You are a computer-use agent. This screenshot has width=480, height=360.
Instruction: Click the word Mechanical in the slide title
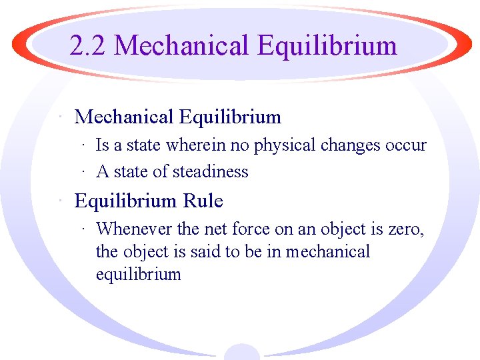(181, 46)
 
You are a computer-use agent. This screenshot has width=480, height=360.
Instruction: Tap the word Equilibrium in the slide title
(327, 46)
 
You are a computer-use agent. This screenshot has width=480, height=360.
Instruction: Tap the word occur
(406, 146)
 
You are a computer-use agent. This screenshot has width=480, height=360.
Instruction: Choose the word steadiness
(210, 172)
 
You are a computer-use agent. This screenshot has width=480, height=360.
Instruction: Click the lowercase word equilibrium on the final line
(139, 275)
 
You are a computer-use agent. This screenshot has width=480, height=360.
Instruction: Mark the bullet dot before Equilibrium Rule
(61, 201)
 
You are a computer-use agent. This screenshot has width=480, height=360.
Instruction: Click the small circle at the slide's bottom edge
(241, 352)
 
